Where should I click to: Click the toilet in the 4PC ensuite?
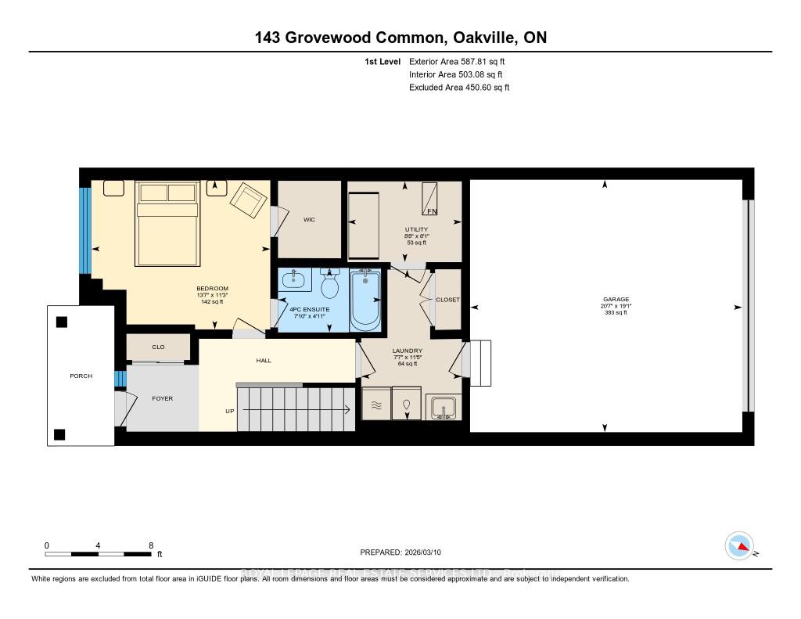[329, 286]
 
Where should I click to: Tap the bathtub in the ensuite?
[365, 301]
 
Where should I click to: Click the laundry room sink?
[444, 408]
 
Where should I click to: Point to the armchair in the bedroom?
[248, 200]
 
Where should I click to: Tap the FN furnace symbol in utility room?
[430, 200]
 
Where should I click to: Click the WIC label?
[309, 220]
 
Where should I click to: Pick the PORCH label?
[81, 376]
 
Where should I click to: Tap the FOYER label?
[162, 398]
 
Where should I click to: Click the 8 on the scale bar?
[150, 545]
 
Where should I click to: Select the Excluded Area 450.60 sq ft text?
[459, 88]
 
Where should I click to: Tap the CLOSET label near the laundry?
[448, 300]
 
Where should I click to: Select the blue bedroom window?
[84, 230]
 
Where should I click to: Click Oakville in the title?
[476, 38]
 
